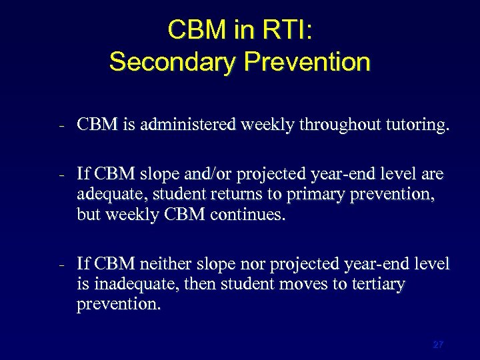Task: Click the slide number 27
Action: [438, 345]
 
